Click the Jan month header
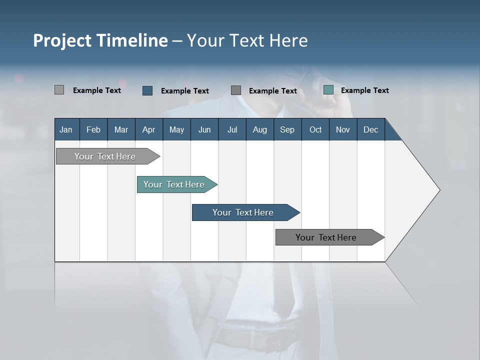[66, 129]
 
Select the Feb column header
[93, 129]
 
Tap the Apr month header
[148, 129]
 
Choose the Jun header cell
[204, 129]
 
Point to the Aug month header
[259, 129]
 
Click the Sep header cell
[287, 129]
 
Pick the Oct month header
[315, 129]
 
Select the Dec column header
[370, 129]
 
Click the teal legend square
[328, 90]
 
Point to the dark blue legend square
[147, 90]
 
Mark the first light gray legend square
[59, 90]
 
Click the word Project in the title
[63, 40]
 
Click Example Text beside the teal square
[364, 90]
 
